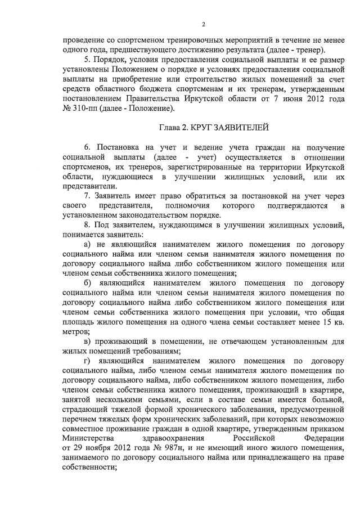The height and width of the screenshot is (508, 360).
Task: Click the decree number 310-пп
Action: coord(81,108)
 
